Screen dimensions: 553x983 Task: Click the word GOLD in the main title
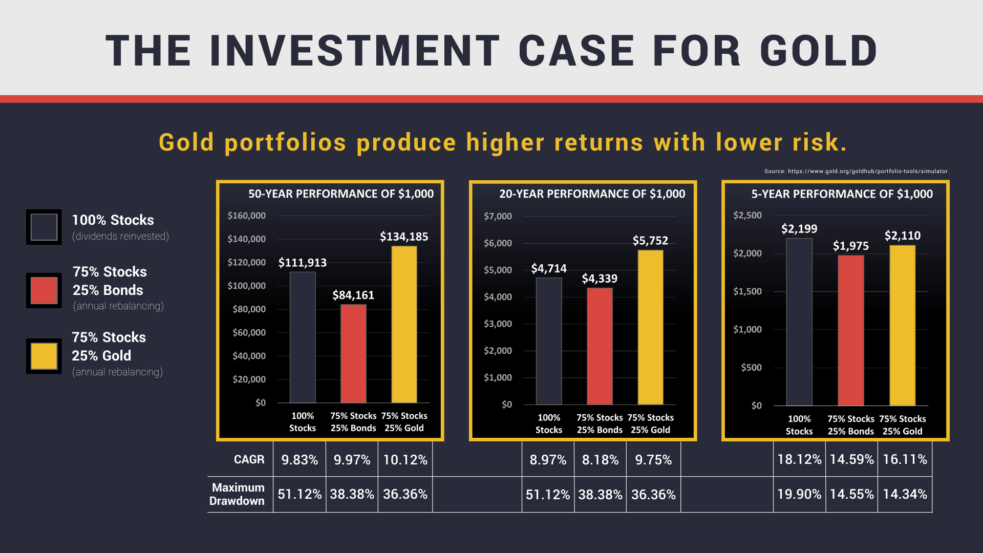[819, 51]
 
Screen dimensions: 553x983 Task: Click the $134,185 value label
[404, 237]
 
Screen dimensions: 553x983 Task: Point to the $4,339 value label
[600, 279]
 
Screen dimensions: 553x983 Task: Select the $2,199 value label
[799, 229]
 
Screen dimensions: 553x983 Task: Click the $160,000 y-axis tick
[247, 216]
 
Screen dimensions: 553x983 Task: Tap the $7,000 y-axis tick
[498, 216]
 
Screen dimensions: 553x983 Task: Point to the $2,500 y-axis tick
[747, 215]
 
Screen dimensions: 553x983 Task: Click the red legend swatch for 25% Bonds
[44, 290]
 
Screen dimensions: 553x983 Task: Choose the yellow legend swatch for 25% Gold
[44, 356]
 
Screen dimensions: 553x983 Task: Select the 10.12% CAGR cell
[405, 460]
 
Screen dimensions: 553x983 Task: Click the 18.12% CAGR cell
[799, 459]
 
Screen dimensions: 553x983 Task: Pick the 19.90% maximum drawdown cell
[799, 494]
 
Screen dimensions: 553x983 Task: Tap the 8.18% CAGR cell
[600, 460]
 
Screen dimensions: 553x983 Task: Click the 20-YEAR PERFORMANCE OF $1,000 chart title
[592, 194]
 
